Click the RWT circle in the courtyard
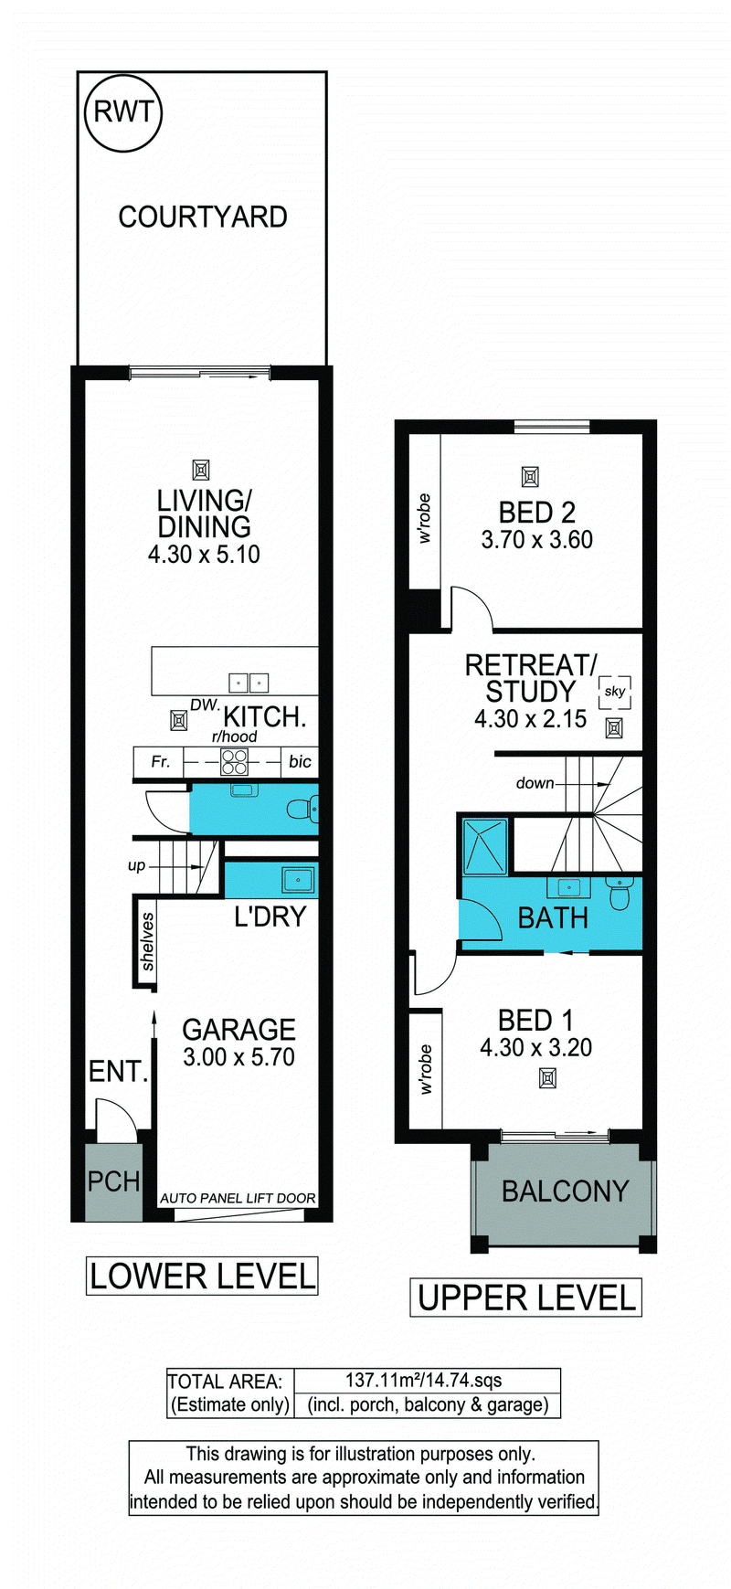tap(123, 112)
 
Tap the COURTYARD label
tap(203, 217)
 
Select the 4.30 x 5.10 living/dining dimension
tap(204, 555)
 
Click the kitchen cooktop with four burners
tap(235, 761)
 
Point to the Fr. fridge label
tap(160, 761)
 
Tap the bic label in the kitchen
tap(300, 761)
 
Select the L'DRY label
tap(270, 916)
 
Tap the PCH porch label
tap(113, 1181)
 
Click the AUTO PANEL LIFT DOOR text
tap(238, 1198)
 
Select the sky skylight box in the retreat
tap(615, 692)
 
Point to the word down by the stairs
tap(535, 783)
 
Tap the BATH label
tap(553, 918)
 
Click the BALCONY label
tap(566, 1192)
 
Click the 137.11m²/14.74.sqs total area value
tap(423, 1381)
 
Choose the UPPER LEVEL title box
tap(526, 1298)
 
